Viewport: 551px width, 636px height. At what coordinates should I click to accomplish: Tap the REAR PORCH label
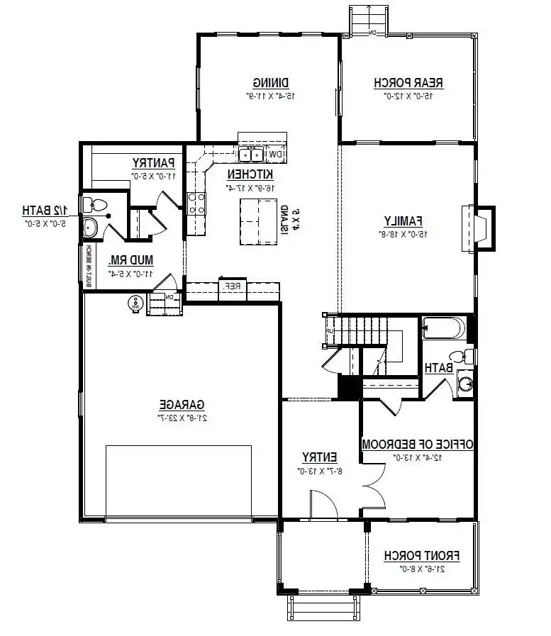(x=408, y=82)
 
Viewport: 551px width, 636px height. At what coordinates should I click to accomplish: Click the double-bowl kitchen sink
(x=250, y=155)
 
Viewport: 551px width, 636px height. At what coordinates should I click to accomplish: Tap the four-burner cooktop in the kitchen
(x=196, y=203)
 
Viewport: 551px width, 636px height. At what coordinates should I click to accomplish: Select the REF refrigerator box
(x=232, y=287)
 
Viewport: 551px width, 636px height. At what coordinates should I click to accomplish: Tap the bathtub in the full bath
(x=443, y=329)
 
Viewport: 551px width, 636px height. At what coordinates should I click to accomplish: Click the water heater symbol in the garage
(x=133, y=304)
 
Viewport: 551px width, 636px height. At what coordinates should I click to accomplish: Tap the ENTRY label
(x=319, y=457)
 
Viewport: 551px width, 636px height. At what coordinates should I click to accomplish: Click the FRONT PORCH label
(x=421, y=555)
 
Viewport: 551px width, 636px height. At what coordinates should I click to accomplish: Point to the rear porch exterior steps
(x=368, y=19)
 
